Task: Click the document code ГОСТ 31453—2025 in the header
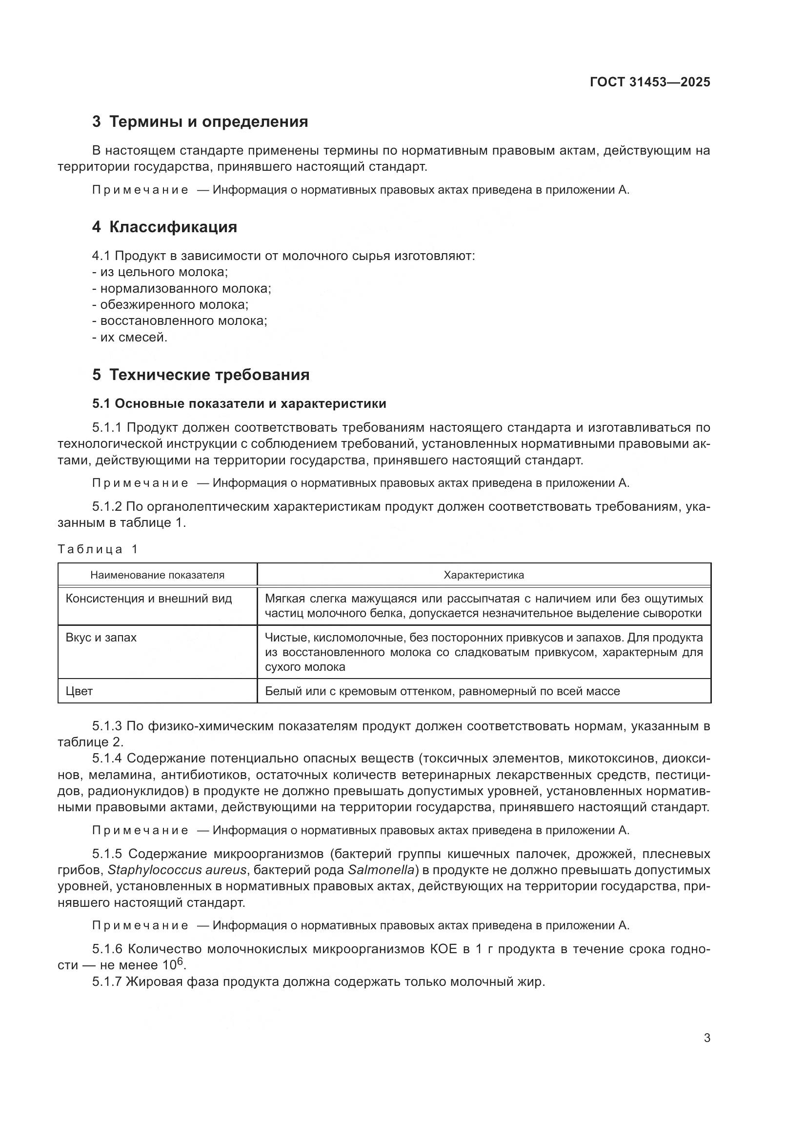pyautogui.click(x=650, y=82)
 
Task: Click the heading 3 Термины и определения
pyautogui.click(x=200, y=122)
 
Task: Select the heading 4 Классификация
pyautogui.click(x=164, y=227)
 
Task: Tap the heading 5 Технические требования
pyautogui.click(x=201, y=375)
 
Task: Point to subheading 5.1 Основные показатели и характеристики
pyautogui.click(x=239, y=403)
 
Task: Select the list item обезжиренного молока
pyautogui.click(x=170, y=304)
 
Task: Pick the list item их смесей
pyautogui.click(x=130, y=338)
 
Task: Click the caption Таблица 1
pyautogui.click(x=98, y=549)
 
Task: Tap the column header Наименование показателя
pyautogui.click(x=157, y=575)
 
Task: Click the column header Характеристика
pyautogui.click(x=484, y=575)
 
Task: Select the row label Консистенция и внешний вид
pyautogui.click(x=149, y=599)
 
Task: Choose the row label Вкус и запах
pyautogui.click(x=101, y=638)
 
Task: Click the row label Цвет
pyautogui.click(x=80, y=691)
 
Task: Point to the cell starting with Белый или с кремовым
pyautogui.click(x=442, y=691)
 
